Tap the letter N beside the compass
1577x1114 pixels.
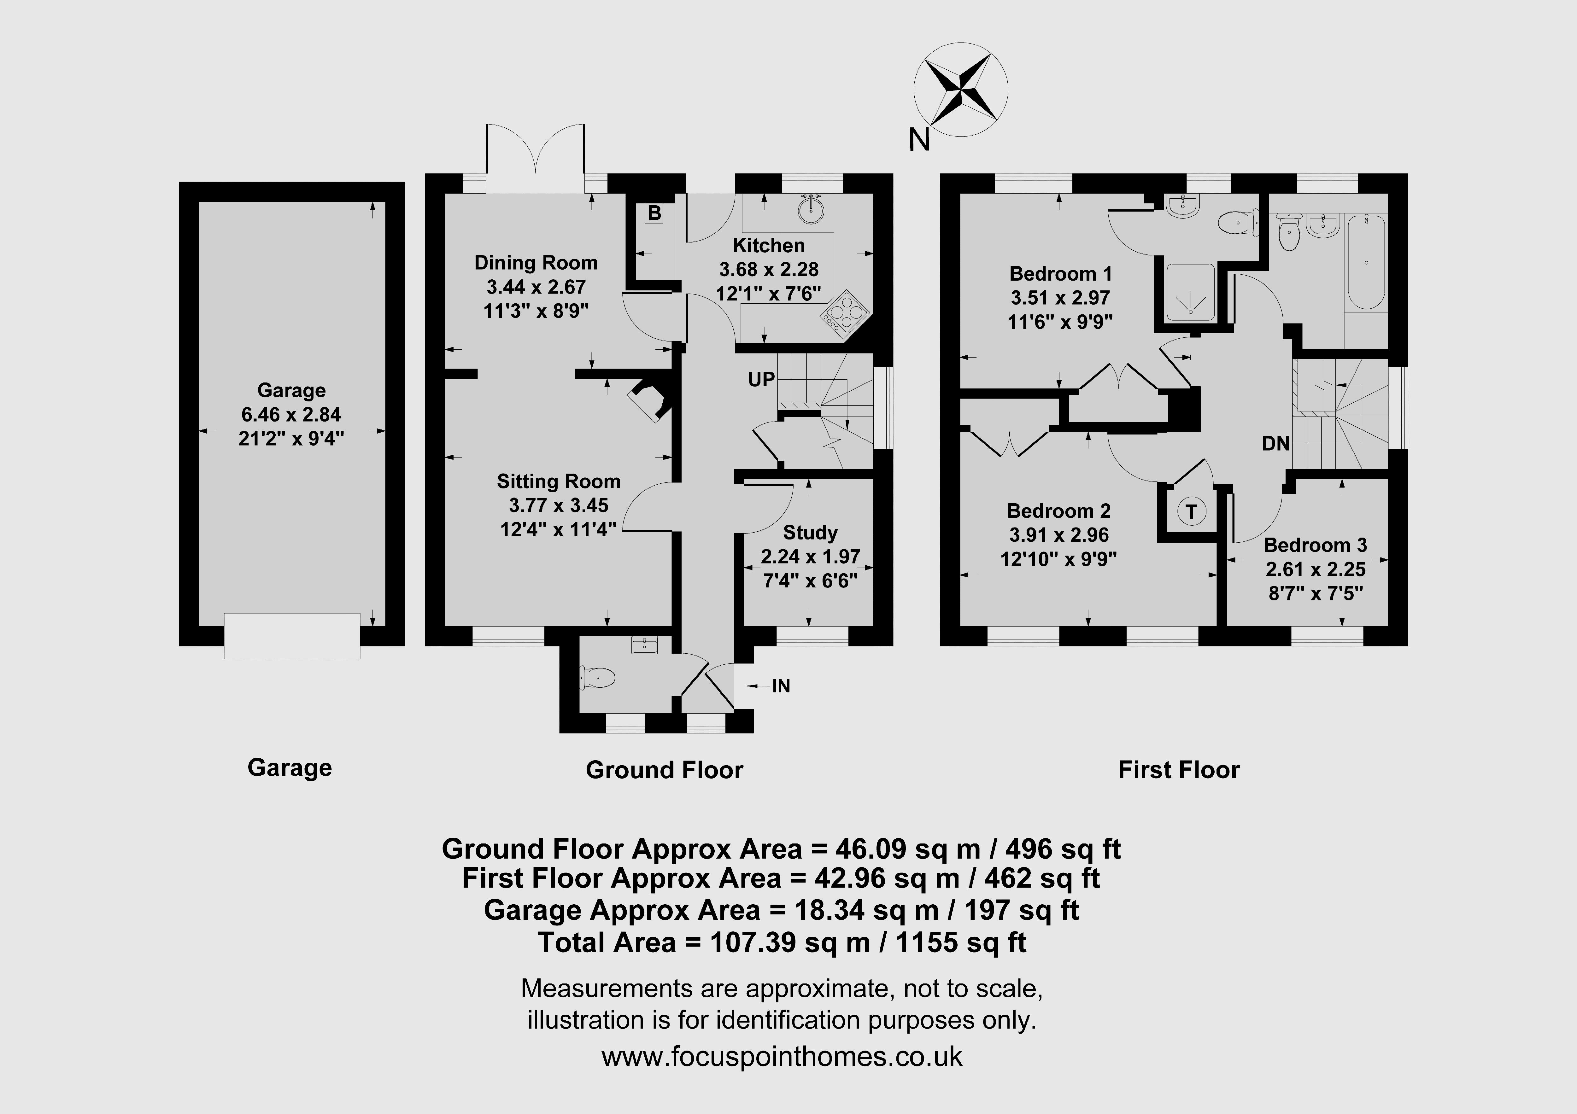[919, 140]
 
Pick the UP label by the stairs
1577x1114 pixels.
[761, 379]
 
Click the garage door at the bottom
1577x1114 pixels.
[292, 636]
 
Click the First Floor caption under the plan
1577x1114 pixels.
[1179, 770]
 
